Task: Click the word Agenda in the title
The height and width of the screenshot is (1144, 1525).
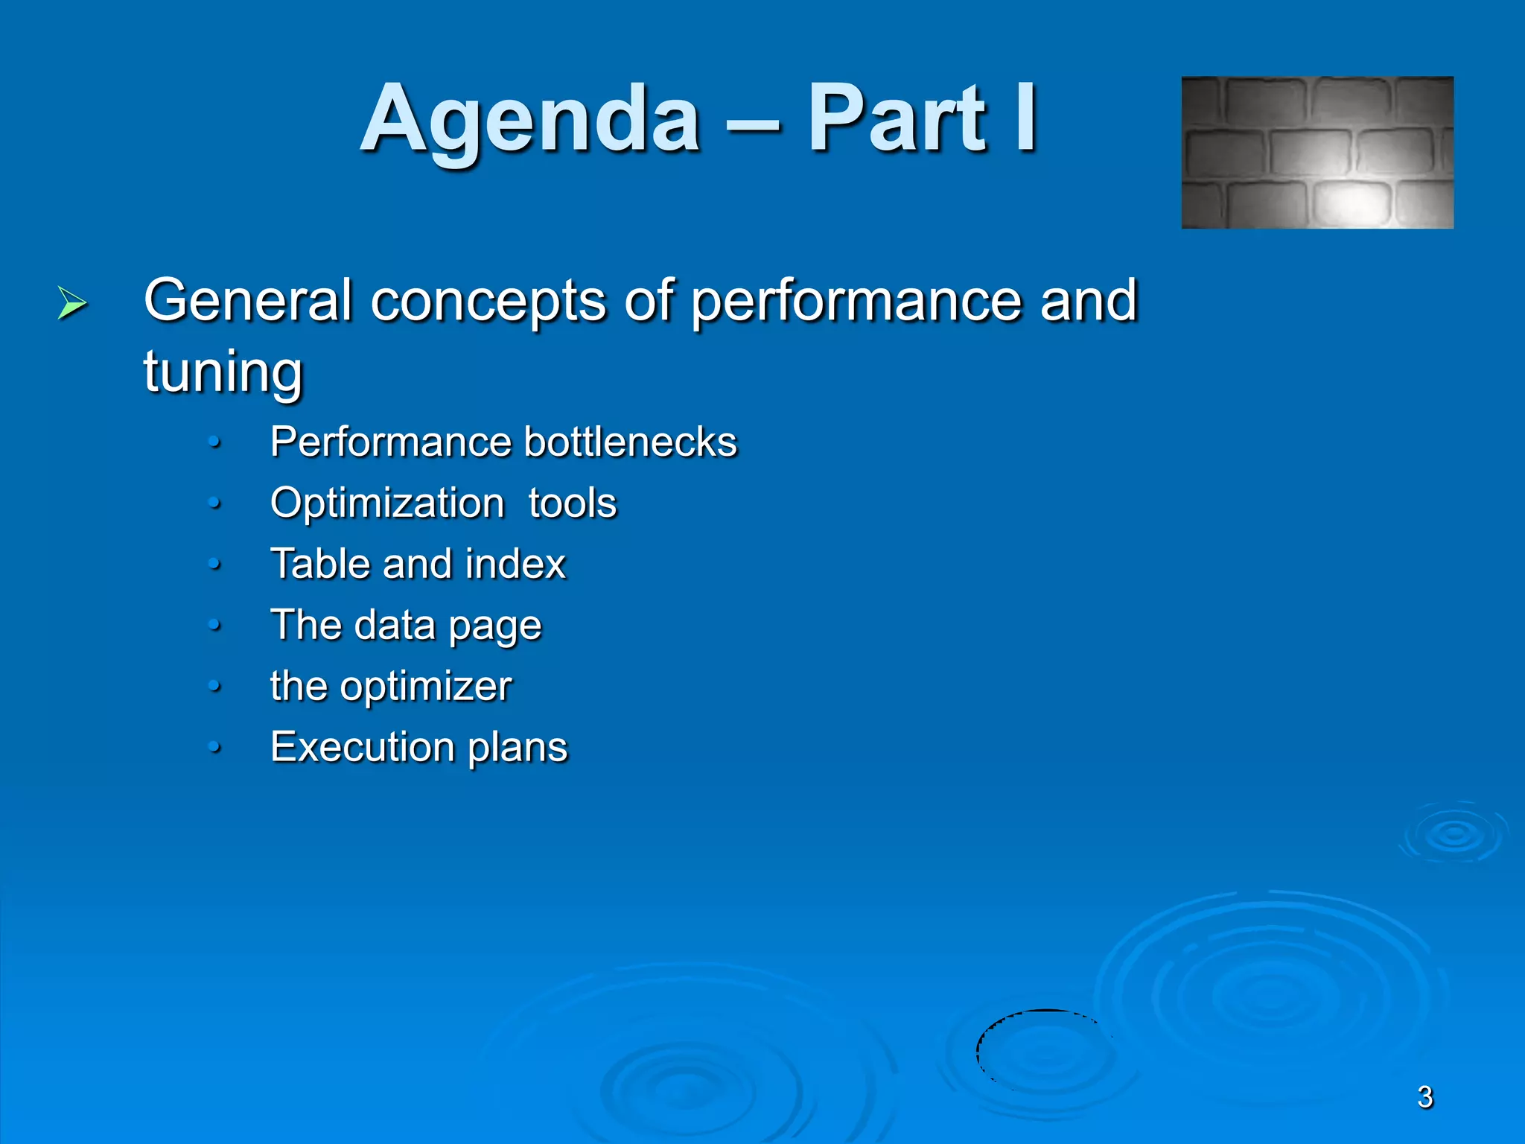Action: tap(530, 119)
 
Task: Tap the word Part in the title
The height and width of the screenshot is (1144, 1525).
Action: tap(898, 119)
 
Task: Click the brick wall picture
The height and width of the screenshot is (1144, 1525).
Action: tap(1317, 153)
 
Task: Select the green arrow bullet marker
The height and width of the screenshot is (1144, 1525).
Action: tap(71, 303)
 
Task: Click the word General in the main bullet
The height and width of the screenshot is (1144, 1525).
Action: tap(247, 300)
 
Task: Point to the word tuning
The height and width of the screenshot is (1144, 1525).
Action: tap(223, 372)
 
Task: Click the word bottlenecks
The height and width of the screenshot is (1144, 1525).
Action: tap(630, 442)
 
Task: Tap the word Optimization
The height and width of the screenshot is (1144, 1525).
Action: tap(387, 503)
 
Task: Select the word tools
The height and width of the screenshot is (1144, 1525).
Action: tap(573, 503)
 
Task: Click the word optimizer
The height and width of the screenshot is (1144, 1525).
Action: tap(426, 687)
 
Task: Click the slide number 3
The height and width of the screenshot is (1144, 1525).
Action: tap(1424, 1097)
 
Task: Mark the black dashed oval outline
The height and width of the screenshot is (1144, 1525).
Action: tap(978, 1050)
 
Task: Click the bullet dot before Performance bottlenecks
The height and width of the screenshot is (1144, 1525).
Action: tap(214, 443)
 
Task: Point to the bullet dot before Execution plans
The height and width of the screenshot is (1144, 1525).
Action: tap(214, 747)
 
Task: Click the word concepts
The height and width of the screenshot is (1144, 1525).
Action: tap(488, 302)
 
